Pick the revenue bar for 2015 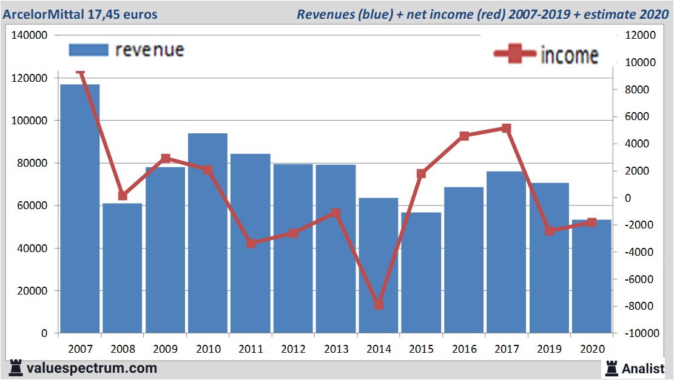pyautogui.click(x=421, y=272)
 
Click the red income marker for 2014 pyautogui.click(x=379, y=305)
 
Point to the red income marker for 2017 pyautogui.click(x=507, y=128)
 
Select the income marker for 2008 pyautogui.click(x=123, y=196)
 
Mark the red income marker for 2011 pyautogui.click(x=251, y=243)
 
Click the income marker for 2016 pyautogui.click(x=464, y=136)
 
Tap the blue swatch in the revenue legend pyautogui.click(x=88, y=50)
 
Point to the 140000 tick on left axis pyautogui.click(x=30, y=36)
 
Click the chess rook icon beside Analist pyautogui.click(x=612, y=367)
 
